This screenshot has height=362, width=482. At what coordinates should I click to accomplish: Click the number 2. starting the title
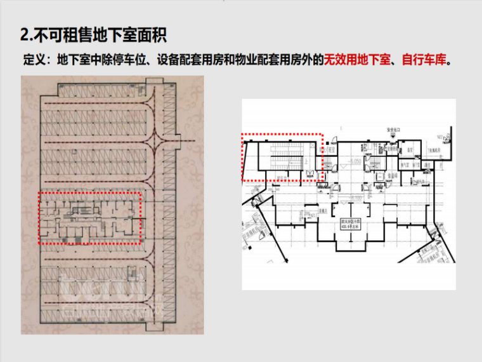pyautogui.click(x=26, y=33)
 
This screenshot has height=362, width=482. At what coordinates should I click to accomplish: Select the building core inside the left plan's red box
pyautogui.click(x=89, y=218)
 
